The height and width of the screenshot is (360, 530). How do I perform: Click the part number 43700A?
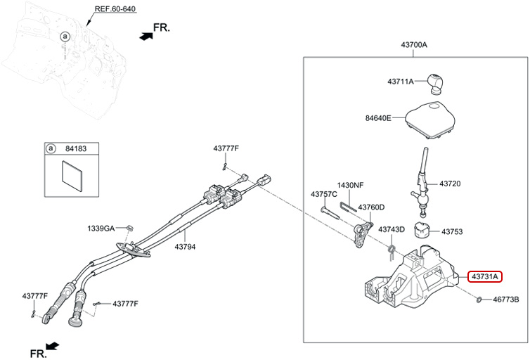tap(414, 45)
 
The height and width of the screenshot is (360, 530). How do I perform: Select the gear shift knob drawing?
tap(438, 83)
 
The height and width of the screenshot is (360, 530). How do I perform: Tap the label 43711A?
tap(400, 82)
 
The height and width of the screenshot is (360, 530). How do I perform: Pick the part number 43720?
tap(450, 184)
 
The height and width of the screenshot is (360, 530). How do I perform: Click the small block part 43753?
tap(422, 231)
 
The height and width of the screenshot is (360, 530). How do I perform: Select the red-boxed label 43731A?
tap(484, 276)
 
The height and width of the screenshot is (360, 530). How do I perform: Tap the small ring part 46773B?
tap(478, 300)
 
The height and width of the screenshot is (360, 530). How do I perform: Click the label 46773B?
tap(505, 300)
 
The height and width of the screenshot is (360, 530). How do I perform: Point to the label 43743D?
tap(392, 230)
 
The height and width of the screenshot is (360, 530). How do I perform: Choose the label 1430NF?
tap(350, 185)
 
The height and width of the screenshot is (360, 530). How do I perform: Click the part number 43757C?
tap(324, 194)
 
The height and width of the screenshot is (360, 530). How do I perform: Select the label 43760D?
tap(371, 207)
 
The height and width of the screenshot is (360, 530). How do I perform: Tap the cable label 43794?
tap(185, 247)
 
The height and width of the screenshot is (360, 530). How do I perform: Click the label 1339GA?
tap(101, 229)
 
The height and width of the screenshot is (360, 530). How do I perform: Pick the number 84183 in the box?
tap(77, 148)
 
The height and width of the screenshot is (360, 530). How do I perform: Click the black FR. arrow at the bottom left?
tap(51, 347)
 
